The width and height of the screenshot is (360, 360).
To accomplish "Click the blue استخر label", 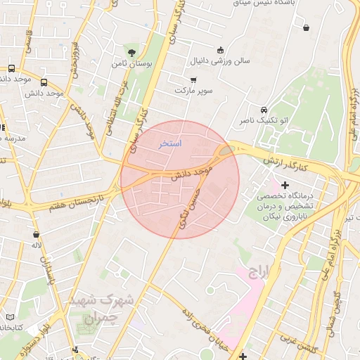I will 169,143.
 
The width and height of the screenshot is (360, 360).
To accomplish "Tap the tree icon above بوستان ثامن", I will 131,52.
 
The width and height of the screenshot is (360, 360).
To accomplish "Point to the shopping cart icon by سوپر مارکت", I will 193,80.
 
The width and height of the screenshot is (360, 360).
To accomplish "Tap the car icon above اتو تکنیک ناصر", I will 263,110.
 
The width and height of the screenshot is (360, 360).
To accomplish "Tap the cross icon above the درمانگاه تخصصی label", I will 284,185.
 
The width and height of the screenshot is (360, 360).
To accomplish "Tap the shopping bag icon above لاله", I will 36,234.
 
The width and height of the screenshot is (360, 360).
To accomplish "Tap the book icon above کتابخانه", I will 9,317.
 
